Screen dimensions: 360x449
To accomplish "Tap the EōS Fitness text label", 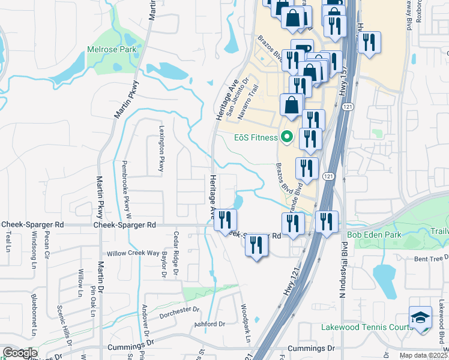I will [x=256, y=137].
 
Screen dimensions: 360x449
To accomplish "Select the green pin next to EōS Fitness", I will [x=287, y=137].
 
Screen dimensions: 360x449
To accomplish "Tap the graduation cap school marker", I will [x=420, y=317].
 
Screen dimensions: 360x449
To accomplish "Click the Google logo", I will [x=20, y=353].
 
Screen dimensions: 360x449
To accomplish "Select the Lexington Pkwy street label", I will [x=161, y=148].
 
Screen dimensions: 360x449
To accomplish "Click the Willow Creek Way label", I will [x=133, y=254].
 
